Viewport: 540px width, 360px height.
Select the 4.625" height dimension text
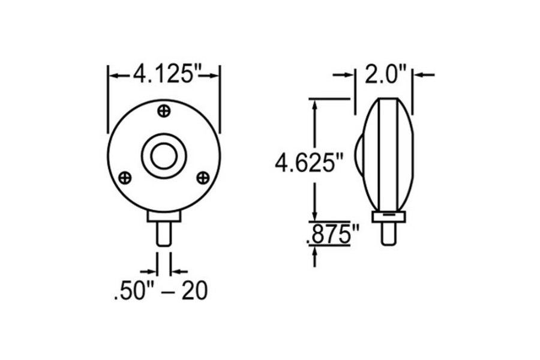[310, 163]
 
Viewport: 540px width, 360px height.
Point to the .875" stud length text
[328, 235]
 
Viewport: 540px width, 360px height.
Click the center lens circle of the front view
[163, 156]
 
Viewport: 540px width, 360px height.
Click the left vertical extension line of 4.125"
[108, 99]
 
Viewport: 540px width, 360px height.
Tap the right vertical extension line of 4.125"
[220, 99]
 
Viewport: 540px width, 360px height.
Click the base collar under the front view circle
[164, 217]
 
